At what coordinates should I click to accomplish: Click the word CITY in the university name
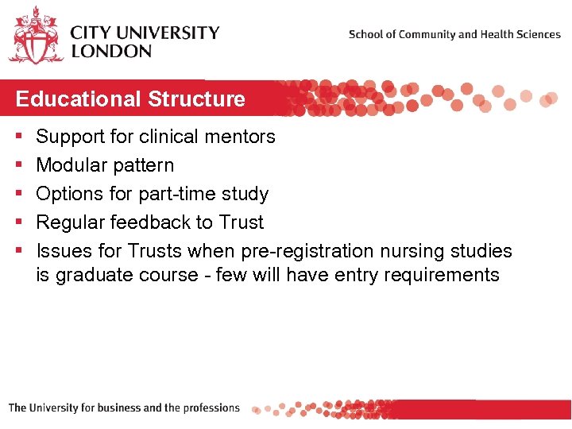click(x=95, y=33)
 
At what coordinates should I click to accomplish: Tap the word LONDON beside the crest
click(x=111, y=51)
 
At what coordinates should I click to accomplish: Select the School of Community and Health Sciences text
click(x=454, y=34)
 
